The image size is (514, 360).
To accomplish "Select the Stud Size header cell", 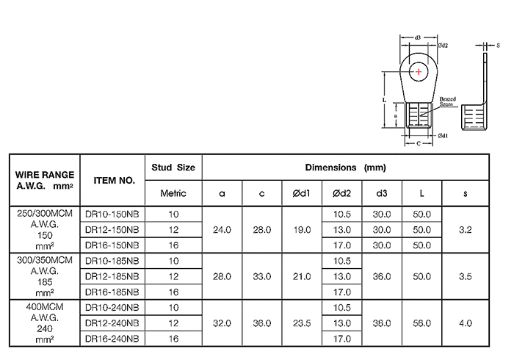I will click(x=173, y=168).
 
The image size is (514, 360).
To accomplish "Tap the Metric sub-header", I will click(x=173, y=193).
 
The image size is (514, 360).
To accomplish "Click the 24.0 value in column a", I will click(x=222, y=230).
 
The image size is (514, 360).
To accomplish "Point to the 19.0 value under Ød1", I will click(x=303, y=230).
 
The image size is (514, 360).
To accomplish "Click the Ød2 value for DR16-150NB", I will click(x=342, y=245).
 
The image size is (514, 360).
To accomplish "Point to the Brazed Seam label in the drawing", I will click(x=449, y=101).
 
